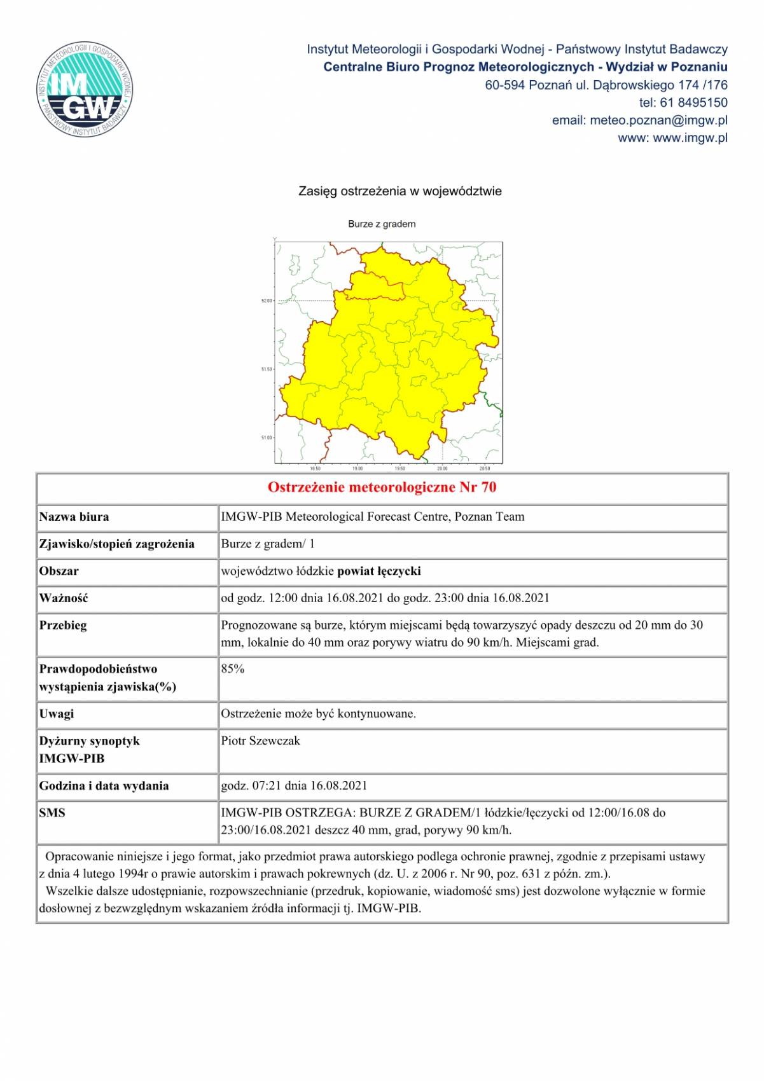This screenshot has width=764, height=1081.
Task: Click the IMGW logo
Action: tap(85, 90)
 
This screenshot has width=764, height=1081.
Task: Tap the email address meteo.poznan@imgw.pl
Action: tap(658, 120)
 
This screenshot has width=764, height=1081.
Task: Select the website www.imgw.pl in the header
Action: tap(690, 138)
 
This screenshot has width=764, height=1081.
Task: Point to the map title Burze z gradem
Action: tap(382, 224)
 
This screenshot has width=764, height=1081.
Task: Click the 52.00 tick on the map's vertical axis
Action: tap(267, 301)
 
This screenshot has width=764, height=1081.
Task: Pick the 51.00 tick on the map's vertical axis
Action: tap(267, 437)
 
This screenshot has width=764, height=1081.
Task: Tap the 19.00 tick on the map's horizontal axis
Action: tap(358, 469)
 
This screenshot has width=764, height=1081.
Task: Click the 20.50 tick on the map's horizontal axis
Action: tap(484, 469)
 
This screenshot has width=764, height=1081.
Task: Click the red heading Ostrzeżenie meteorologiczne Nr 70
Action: tap(382, 488)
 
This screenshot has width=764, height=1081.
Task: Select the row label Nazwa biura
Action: tap(74, 517)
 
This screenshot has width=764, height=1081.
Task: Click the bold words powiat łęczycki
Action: tap(379, 571)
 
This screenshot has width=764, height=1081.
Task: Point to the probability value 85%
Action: tap(233, 669)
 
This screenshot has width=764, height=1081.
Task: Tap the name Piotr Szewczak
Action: tap(260, 741)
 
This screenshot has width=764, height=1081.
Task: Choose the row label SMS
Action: tap(52, 813)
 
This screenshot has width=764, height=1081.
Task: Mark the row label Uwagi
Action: tap(57, 714)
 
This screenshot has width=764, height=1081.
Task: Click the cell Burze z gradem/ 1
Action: tap(268, 544)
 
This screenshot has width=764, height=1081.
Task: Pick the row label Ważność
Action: tap(64, 598)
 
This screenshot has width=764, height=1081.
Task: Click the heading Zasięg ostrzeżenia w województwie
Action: tap(400, 191)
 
